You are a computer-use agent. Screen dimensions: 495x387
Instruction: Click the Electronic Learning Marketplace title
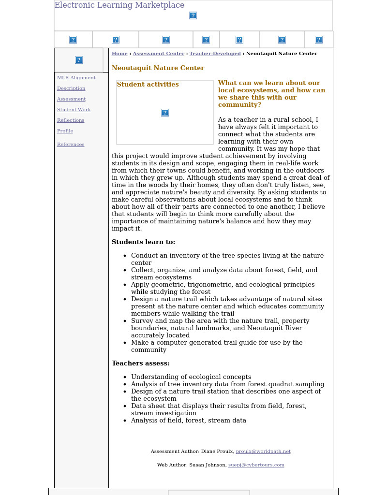119,5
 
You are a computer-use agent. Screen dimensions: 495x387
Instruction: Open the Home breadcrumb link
119,54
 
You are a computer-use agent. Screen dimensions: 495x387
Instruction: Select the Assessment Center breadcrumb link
158,54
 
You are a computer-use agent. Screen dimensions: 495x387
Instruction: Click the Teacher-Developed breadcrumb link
215,54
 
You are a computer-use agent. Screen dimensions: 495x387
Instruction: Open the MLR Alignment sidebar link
76,78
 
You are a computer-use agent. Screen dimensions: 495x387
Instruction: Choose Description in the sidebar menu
71,88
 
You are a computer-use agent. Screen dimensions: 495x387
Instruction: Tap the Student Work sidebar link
74,110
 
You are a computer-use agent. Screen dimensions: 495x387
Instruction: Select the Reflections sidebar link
71,120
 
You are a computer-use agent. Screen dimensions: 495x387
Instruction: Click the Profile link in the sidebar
65,131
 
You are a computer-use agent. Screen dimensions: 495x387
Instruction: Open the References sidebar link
71,145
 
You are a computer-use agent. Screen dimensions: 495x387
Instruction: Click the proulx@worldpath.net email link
263,451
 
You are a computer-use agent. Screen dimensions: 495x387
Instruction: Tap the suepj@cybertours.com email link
256,465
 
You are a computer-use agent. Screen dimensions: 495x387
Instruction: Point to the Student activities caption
148,85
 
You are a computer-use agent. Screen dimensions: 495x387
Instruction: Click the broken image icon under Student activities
165,113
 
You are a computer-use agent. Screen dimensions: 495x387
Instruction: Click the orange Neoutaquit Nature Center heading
158,68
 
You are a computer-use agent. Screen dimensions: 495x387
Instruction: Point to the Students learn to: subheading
143,242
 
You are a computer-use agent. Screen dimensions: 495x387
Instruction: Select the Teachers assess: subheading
140,364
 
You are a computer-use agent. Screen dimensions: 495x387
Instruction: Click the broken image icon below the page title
193,15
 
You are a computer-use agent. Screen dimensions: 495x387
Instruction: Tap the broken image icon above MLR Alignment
79,60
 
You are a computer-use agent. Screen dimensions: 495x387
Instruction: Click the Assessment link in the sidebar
71,99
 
